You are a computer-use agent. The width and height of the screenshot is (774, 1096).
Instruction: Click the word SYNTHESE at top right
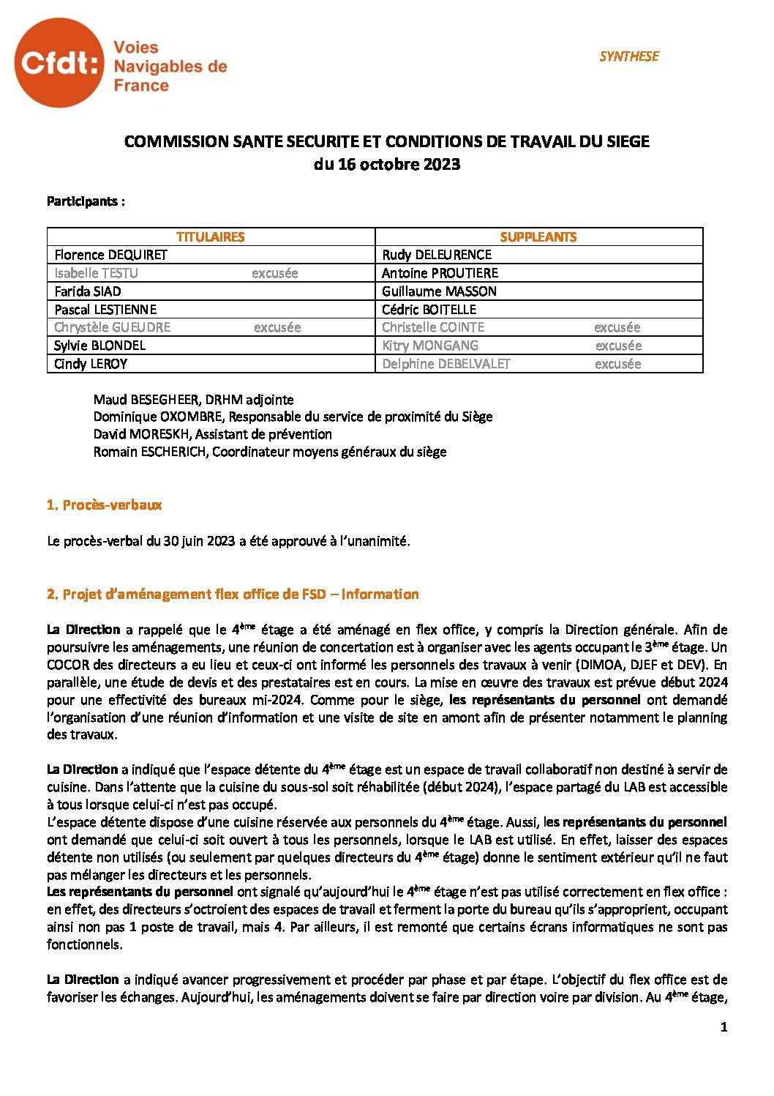(x=628, y=56)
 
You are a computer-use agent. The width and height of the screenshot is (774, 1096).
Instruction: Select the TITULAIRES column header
(x=211, y=236)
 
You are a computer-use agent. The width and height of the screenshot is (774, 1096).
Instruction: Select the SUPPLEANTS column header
(x=538, y=236)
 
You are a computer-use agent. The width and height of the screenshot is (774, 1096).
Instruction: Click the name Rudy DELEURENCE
(x=437, y=255)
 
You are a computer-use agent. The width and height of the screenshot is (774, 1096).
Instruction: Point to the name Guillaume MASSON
(x=439, y=291)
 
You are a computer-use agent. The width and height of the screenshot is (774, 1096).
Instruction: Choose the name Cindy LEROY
(x=89, y=364)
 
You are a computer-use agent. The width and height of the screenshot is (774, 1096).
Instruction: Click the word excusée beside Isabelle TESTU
(x=274, y=273)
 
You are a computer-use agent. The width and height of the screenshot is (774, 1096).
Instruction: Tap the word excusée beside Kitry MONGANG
(x=618, y=346)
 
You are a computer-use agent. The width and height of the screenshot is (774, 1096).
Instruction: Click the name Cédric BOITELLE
(x=429, y=310)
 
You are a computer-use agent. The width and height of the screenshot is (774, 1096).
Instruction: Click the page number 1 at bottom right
(x=724, y=1027)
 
